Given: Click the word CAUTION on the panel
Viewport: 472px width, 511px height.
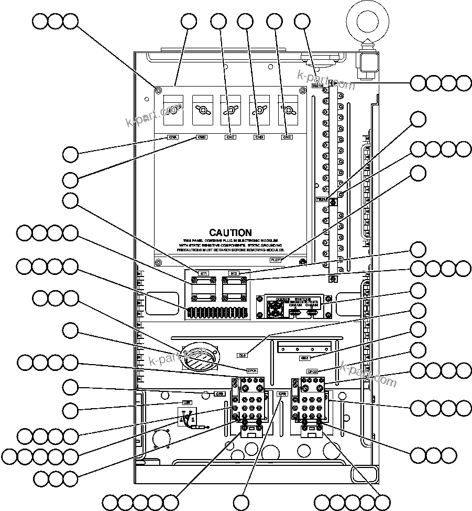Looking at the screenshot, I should (230, 232).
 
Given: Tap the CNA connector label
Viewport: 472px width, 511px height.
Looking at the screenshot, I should (173, 137).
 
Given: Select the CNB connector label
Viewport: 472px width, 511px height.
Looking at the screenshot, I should (202, 137).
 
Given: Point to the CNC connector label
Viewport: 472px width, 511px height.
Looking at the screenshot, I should (230, 137).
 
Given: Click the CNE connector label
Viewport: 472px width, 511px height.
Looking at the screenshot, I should (287, 137).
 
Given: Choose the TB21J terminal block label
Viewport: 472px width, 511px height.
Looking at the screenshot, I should (322, 199).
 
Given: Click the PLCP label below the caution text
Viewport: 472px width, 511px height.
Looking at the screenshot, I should (275, 259).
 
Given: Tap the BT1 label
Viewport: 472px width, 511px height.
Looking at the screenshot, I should (204, 274).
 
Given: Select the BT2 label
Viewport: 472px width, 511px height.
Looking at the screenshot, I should (234, 274).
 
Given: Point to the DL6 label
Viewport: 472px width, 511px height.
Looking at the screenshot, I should (243, 355).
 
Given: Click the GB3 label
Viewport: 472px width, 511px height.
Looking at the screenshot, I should (305, 358).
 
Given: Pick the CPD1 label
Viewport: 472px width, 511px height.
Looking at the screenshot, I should (252, 370).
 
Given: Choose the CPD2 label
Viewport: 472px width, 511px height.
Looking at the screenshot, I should (313, 371).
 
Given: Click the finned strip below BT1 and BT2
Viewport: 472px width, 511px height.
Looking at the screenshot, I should (217, 313).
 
